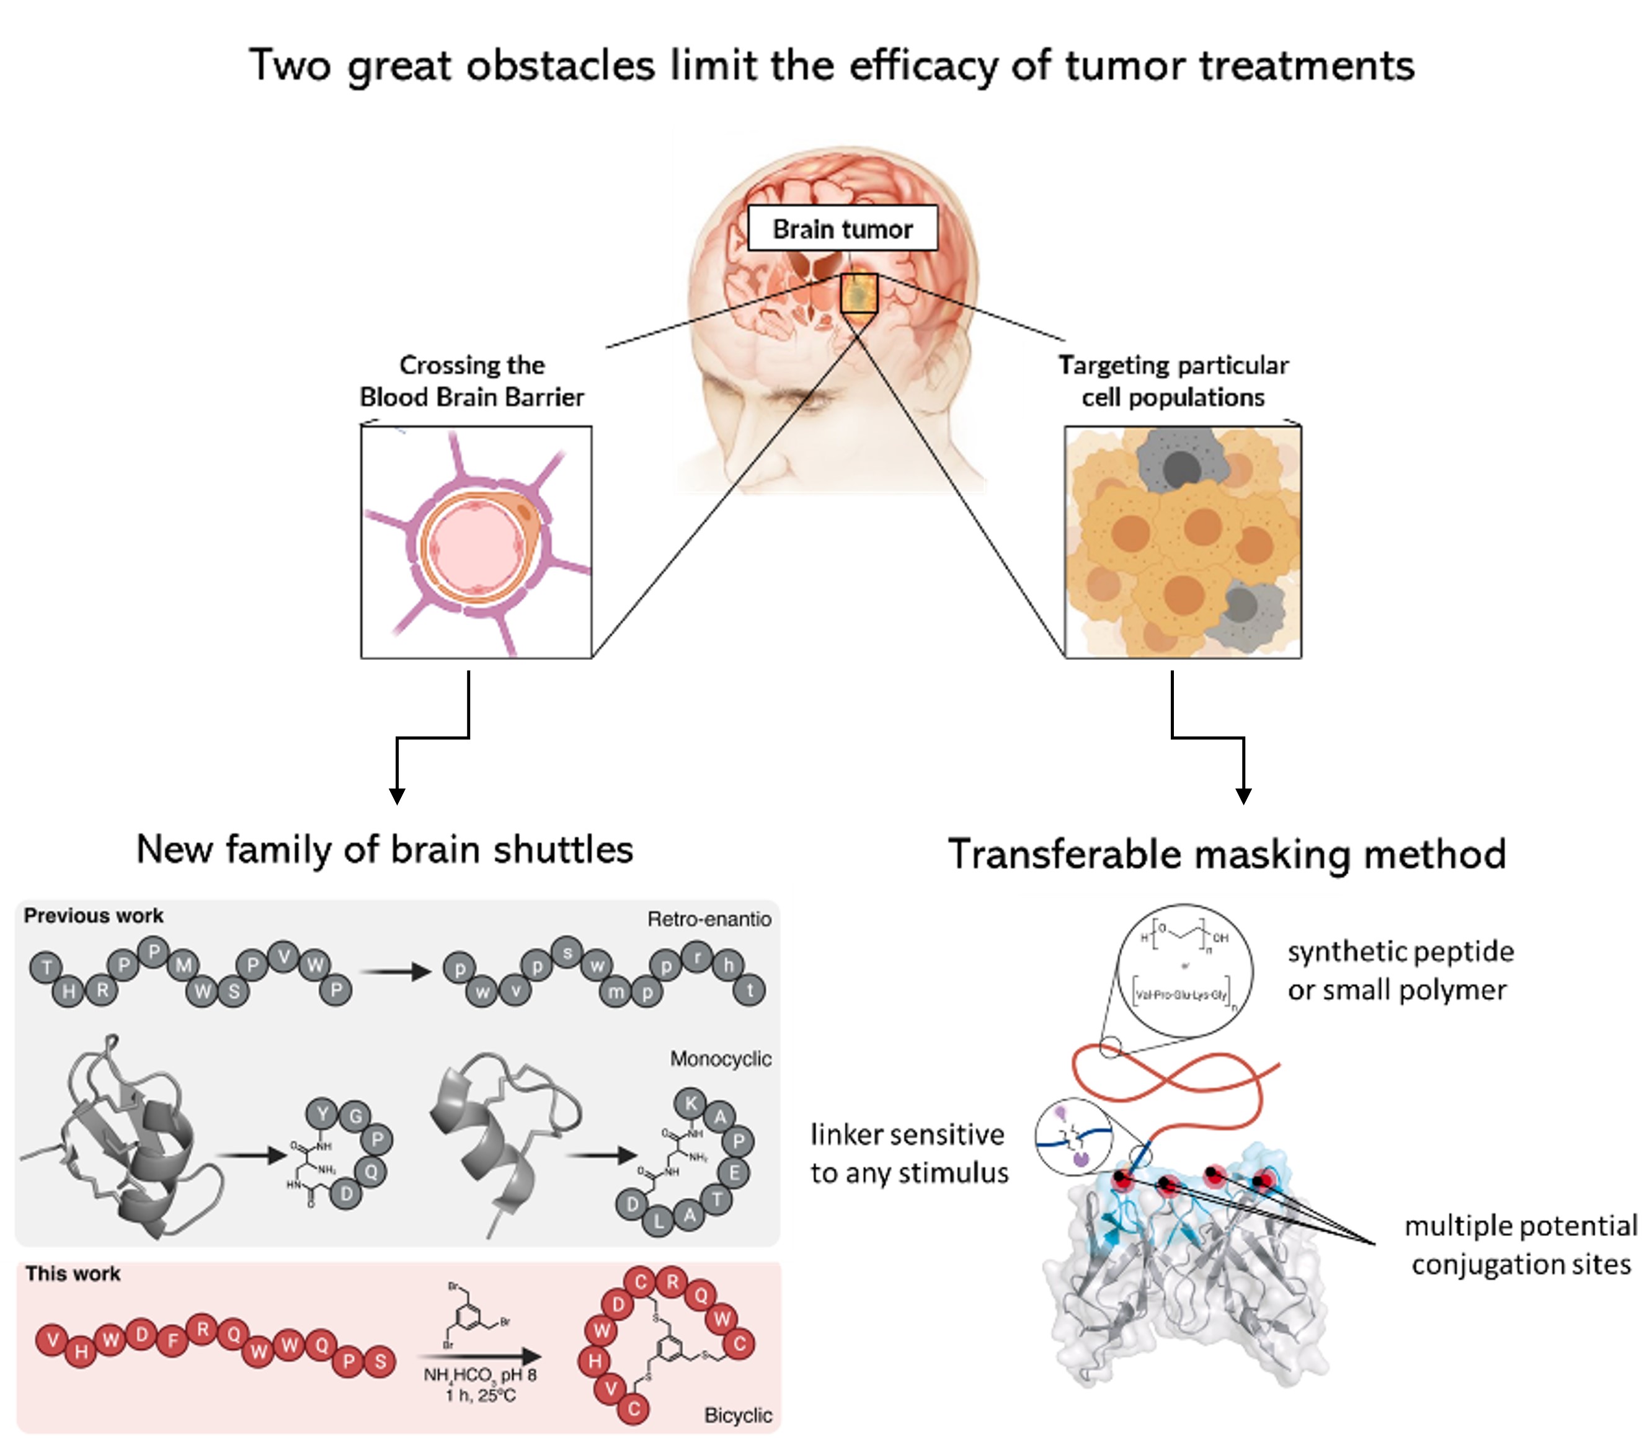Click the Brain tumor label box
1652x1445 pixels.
coord(842,228)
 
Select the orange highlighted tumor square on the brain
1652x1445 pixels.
coord(859,293)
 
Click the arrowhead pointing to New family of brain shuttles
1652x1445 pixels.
coord(396,796)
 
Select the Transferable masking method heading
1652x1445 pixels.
coord(1226,853)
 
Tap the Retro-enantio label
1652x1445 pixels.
coord(709,919)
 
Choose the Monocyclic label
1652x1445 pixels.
coord(721,1059)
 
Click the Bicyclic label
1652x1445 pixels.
coord(737,1415)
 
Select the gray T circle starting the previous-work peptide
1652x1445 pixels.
coord(47,968)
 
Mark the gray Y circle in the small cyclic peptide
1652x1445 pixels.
coord(322,1115)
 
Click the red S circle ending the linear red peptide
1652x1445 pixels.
coord(380,1362)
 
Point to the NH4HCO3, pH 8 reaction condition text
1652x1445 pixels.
coord(480,1374)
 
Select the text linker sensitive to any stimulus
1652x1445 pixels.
coord(909,1153)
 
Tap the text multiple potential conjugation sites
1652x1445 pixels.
coord(1521,1244)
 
